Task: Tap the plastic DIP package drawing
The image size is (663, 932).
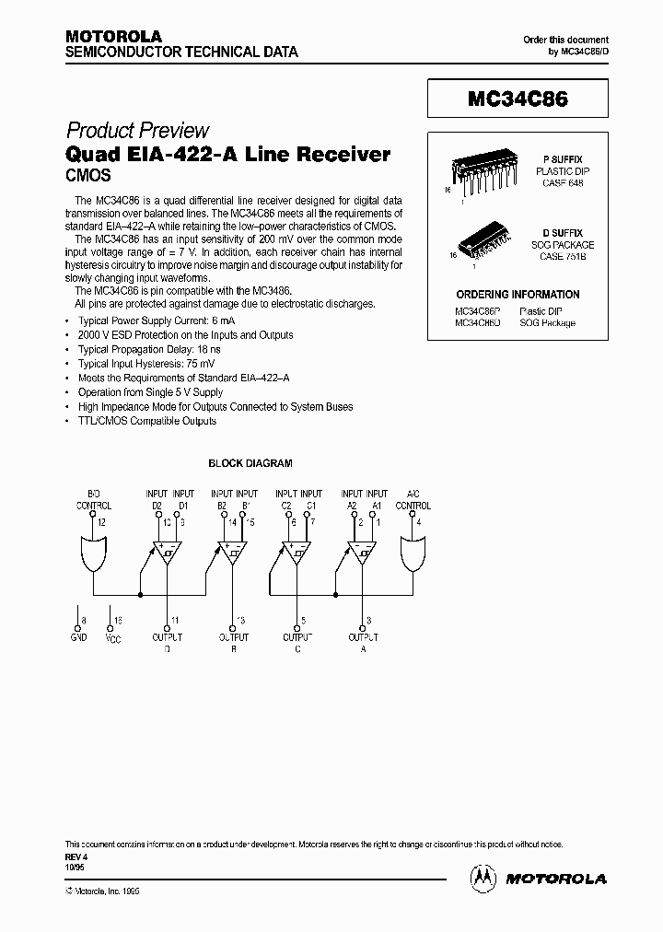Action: pos(479,170)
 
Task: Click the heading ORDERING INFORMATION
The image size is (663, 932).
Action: pos(518,295)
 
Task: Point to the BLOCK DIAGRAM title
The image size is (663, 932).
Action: pos(250,463)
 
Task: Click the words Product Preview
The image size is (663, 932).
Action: pos(138,131)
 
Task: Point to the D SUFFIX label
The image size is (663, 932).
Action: pos(561,233)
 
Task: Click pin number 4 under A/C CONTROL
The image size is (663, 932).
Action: pos(420,523)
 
